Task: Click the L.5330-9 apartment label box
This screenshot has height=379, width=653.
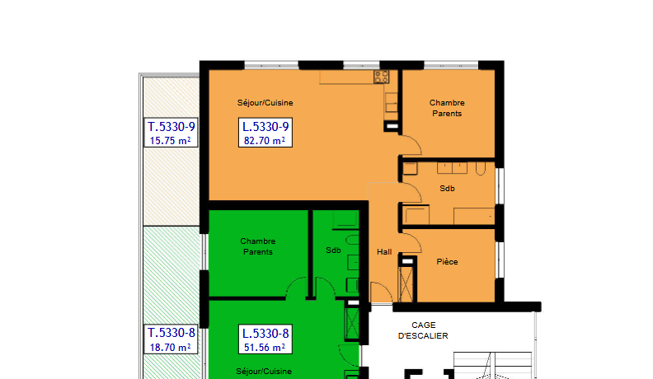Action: coord(265,133)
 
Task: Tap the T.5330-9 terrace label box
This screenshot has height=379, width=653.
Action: coord(171,133)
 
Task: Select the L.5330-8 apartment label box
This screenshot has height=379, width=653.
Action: coord(265,339)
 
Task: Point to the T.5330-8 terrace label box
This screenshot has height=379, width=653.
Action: coord(171,339)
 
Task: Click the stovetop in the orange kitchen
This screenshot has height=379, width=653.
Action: coord(381,77)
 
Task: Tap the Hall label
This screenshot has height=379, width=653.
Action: coord(384,251)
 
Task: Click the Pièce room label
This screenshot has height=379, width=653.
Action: coord(447,262)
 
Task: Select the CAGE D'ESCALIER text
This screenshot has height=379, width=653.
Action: coord(423,330)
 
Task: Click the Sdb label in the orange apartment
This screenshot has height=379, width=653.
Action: coord(447,189)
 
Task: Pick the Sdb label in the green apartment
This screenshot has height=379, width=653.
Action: coord(333,250)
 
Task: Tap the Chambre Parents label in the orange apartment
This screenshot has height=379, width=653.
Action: coord(447,108)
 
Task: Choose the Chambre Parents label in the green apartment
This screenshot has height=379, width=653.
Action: coord(258,246)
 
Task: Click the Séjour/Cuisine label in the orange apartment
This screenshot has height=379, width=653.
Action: coord(265,103)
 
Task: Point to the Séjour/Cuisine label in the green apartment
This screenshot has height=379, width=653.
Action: coord(264,371)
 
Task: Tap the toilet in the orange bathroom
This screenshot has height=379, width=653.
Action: coord(481,169)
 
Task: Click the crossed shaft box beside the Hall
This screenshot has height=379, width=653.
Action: coord(406,284)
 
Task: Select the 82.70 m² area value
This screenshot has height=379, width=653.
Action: coord(265,141)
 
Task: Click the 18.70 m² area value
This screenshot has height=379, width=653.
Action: coord(171,348)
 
